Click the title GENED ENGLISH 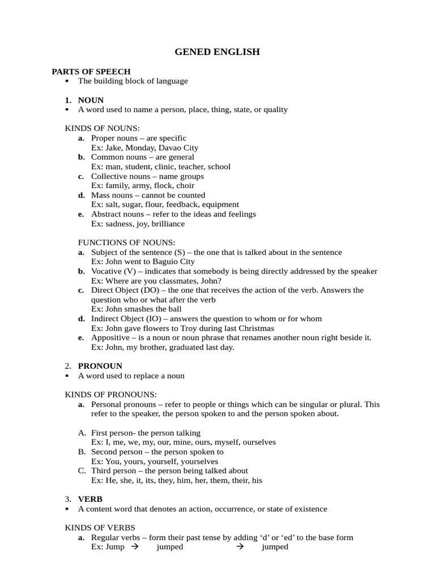217,52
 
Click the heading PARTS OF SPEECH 91,71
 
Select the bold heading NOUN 91,100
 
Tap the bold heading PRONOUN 100,366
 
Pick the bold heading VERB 90,499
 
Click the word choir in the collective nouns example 185,186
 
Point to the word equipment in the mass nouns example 218,204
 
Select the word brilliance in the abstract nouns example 167,224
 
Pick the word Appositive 111,338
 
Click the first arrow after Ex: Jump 134,547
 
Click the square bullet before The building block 67,81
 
